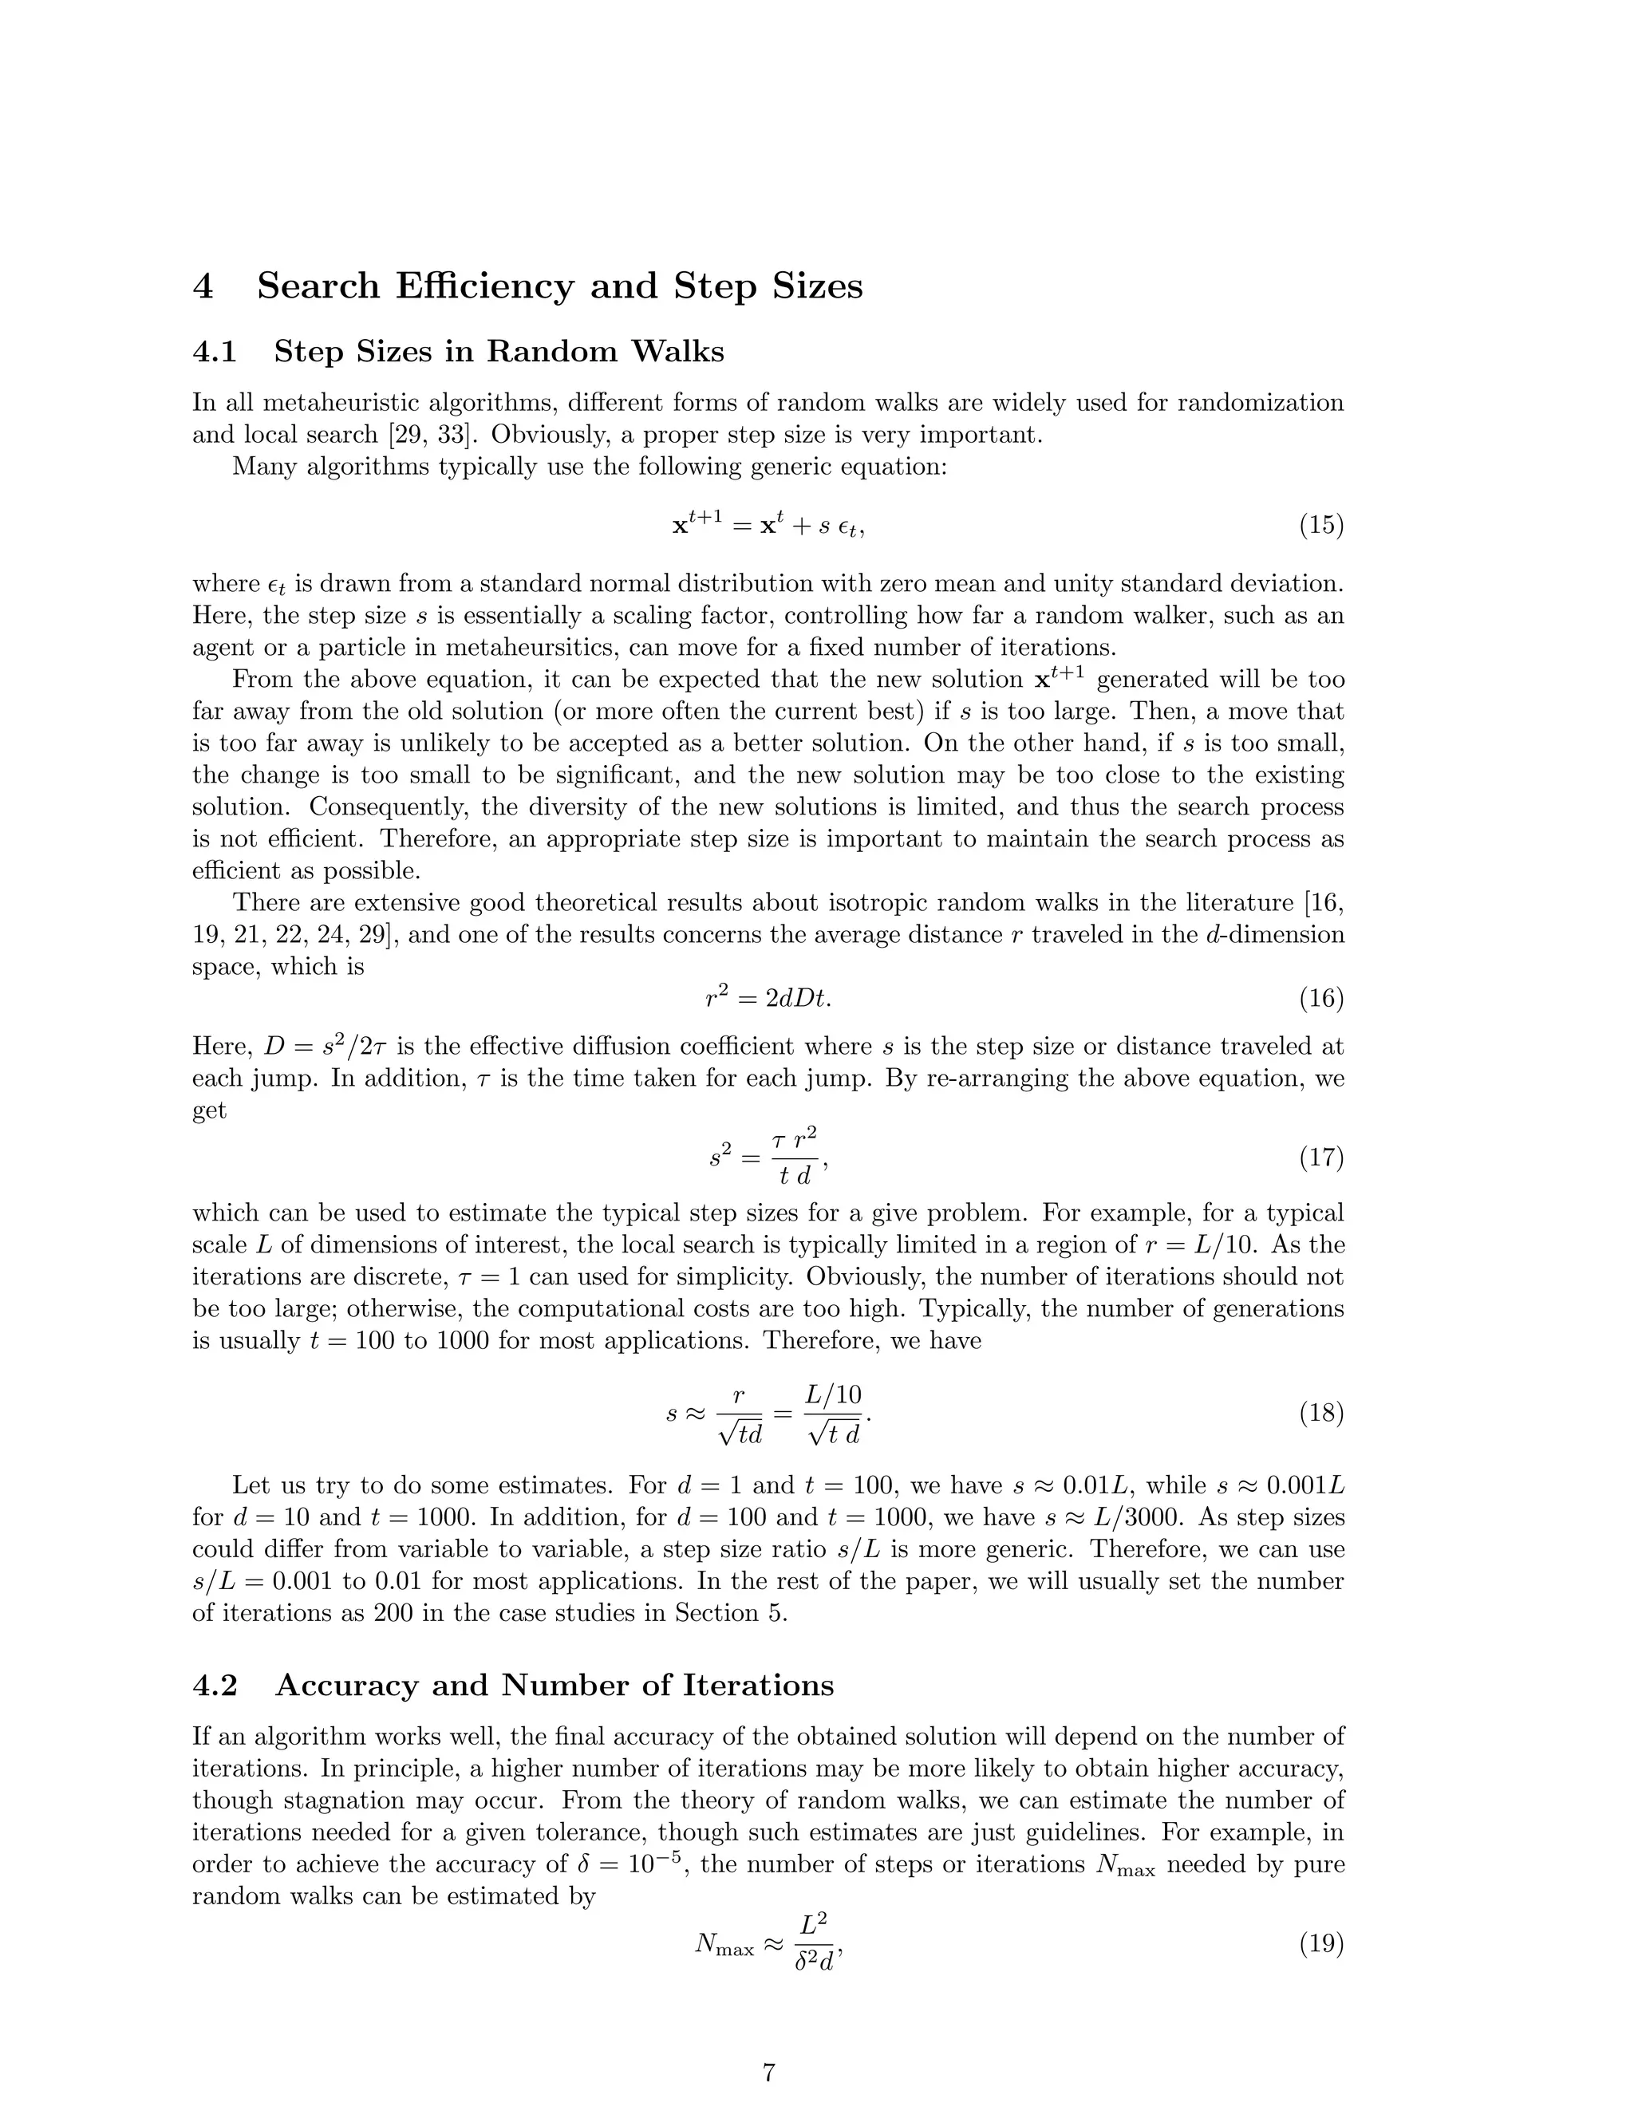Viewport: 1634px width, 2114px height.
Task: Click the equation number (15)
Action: point(1320,526)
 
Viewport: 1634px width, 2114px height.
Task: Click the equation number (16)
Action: point(1320,998)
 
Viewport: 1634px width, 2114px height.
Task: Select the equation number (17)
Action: point(1320,1157)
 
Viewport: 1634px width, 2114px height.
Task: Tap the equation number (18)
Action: point(1320,1414)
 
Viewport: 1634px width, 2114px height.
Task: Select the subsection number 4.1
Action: point(215,351)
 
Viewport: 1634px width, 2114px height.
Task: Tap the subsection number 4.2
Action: point(215,1685)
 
